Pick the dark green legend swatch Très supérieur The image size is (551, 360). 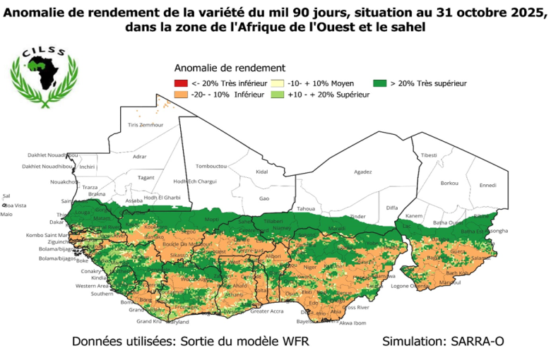[380, 84]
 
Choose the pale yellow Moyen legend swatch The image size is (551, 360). [273, 84]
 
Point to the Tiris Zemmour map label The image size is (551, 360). [146, 125]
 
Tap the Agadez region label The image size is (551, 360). [362, 172]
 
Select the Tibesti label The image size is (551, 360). [429, 155]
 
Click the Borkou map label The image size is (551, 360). [449, 183]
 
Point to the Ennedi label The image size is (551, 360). [487, 186]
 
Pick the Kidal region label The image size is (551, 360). [262, 172]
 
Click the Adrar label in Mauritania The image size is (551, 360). [139, 156]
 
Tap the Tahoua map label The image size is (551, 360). [306, 209]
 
